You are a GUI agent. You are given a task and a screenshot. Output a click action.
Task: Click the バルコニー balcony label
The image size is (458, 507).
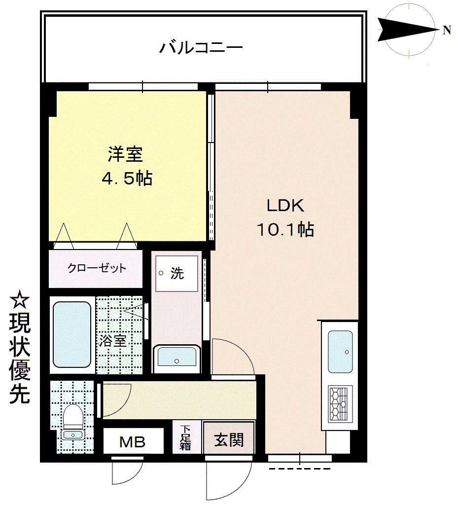tap(201, 48)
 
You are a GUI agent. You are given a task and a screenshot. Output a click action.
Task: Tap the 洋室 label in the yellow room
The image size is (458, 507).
tap(125, 154)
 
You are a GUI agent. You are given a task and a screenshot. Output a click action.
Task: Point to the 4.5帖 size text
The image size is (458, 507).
tap(127, 178)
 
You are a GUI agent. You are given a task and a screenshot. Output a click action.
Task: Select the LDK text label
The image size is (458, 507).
tap(285, 206)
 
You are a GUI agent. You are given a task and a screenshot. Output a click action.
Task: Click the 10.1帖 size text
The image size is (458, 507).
tap(285, 229)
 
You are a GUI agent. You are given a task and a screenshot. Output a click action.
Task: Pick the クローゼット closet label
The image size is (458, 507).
tap(96, 268)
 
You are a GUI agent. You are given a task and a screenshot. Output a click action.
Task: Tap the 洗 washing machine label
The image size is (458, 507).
tap(177, 274)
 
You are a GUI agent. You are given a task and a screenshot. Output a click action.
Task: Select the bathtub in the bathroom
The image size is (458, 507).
tap(72, 335)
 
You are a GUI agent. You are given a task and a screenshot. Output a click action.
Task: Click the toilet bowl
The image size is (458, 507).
tap(73, 417)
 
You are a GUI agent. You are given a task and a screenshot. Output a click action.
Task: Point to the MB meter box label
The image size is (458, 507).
tap(133, 442)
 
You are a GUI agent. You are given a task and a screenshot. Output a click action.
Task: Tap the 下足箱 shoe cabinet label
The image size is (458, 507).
tap(185, 438)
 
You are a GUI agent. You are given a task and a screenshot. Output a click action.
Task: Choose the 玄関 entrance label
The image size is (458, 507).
tap(229, 440)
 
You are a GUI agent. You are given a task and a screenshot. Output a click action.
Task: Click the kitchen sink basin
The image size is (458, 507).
tap(340, 352)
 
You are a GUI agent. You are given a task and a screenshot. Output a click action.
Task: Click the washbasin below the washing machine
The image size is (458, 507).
tap(177, 359)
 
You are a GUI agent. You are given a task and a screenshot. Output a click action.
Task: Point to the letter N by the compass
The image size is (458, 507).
tap(447, 31)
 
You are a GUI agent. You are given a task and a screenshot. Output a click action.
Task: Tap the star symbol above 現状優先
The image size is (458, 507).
tap(19, 299)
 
